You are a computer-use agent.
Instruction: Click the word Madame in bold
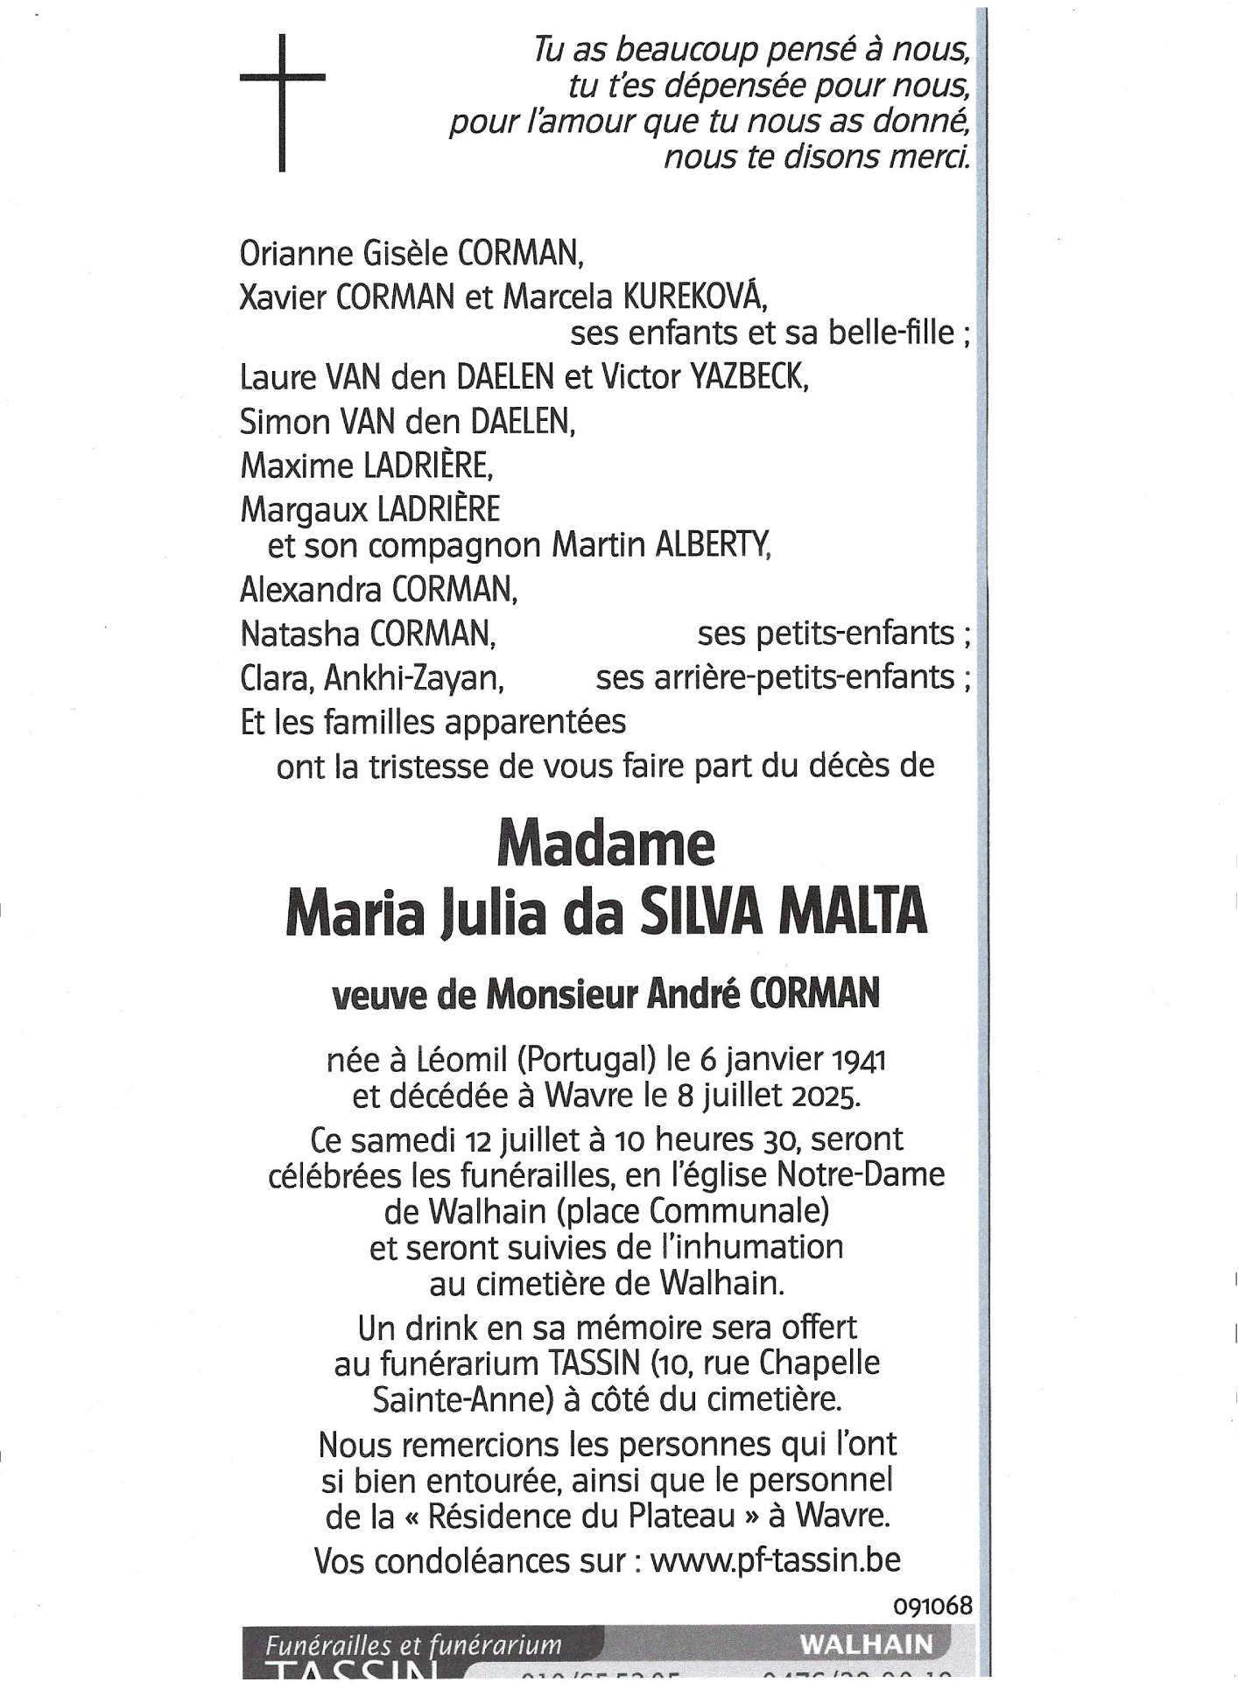pos(606,845)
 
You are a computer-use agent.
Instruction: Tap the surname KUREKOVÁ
pos(694,298)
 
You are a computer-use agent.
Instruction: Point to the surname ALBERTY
pos(713,545)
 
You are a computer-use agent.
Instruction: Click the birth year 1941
pos(858,1061)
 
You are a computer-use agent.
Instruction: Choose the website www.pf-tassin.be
pos(775,1559)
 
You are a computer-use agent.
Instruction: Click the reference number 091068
pos(932,1606)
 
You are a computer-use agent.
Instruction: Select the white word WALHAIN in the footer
pos(866,1644)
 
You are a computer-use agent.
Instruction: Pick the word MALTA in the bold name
pos(853,912)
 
